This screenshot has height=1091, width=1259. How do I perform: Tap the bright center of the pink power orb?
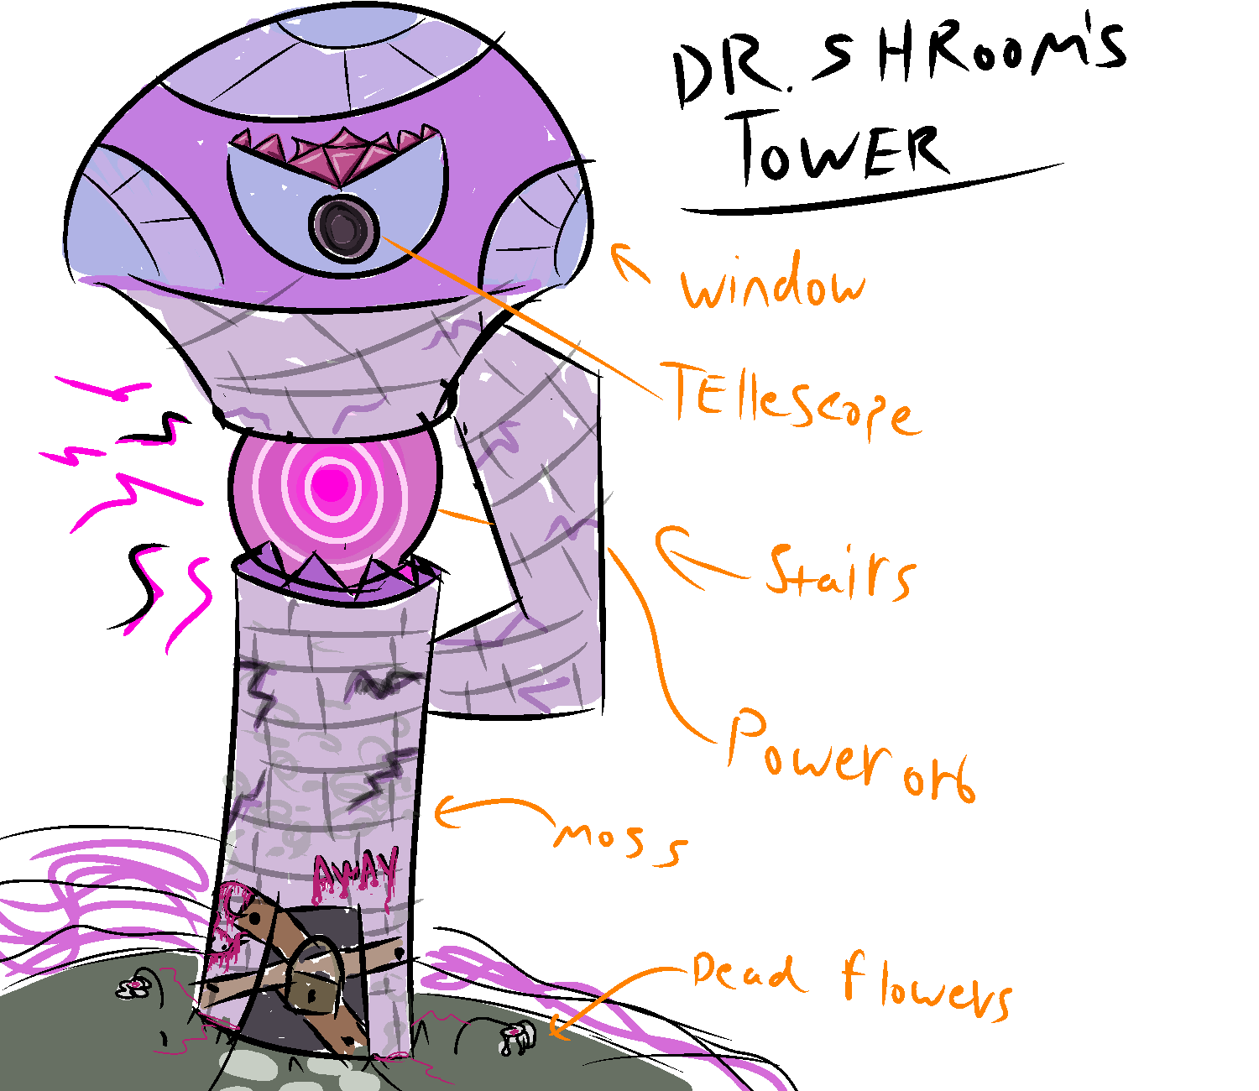[x=332, y=484]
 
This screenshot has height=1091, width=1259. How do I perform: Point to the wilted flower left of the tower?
[x=134, y=987]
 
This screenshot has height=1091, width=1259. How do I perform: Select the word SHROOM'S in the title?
[x=965, y=59]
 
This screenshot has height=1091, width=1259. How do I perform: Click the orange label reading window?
[x=772, y=285]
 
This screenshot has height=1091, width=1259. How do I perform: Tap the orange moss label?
[x=621, y=839]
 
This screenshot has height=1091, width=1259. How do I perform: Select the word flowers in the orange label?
[x=927, y=986]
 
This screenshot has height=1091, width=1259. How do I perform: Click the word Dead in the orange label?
[x=743, y=974]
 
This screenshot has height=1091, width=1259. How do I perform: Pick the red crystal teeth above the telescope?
[x=336, y=151]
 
